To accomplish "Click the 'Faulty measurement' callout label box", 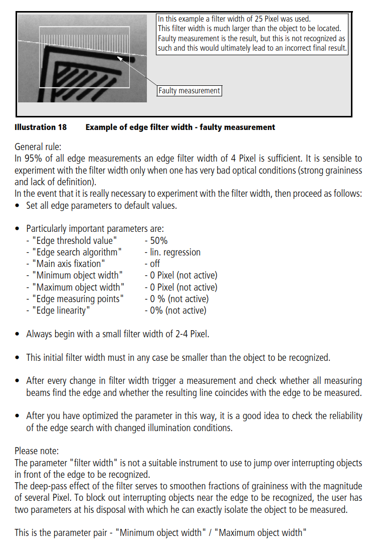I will pyautogui.click(x=189, y=91).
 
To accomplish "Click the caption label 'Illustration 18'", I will pyautogui.click(x=41, y=127).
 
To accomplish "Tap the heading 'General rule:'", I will pyautogui.click(x=38, y=147).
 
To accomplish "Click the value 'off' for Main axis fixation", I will pyautogui.click(x=155, y=264).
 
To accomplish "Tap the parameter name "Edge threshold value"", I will pyautogui.click(x=75, y=241).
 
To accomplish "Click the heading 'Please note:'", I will pyautogui.click(x=37, y=451).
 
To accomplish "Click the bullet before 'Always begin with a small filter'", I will pyautogui.click(x=19, y=334).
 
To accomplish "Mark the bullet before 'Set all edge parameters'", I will pyautogui.click(x=19, y=206).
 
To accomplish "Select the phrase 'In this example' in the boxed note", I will pyautogui.click(x=181, y=20).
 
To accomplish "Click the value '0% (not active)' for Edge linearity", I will pyautogui.click(x=178, y=311).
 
